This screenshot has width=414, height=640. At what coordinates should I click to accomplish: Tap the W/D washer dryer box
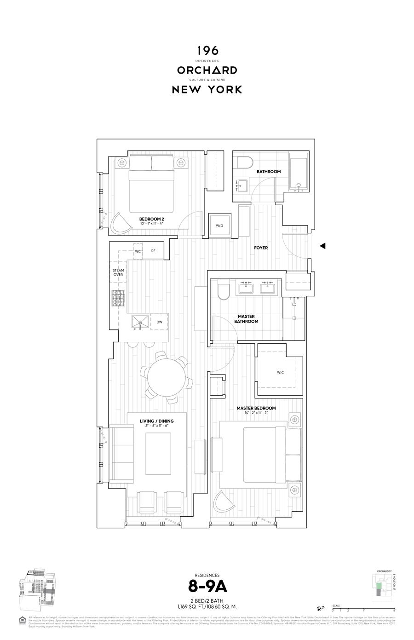click(219, 225)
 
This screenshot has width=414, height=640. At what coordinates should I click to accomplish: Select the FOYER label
click(261, 248)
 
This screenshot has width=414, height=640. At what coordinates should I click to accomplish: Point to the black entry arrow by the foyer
click(322, 246)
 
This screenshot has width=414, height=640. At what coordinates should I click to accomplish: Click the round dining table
click(163, 377)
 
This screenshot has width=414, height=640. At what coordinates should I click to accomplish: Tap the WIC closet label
click(280, 372)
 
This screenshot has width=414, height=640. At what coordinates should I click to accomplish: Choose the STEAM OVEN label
click(118, 272)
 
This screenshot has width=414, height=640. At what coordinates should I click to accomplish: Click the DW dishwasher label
click(159, 322)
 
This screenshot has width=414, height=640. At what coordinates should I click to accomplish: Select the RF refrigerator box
click(153, 251)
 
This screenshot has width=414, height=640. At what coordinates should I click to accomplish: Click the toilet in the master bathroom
click(223, 291)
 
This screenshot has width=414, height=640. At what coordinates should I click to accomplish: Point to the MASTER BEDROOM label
click(256, 408)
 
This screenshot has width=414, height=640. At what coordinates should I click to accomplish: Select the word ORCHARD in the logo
click(207, 70)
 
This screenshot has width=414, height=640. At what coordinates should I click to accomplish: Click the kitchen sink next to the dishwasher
click(139, 322)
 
